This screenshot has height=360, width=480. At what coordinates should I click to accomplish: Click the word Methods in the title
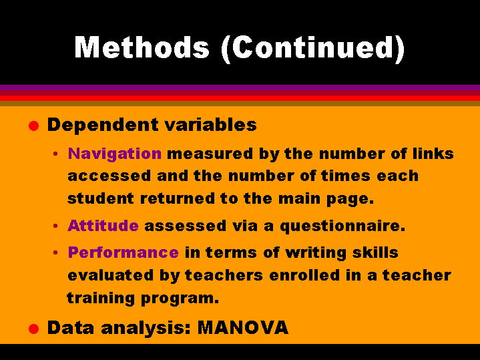click(x=142, y=47)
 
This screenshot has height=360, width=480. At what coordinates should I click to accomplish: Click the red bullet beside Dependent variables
click(x=33, y=126)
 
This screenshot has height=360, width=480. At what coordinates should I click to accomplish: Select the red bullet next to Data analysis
click(x=33, y=329)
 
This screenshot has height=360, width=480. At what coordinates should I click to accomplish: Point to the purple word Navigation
click(x=114, y=154)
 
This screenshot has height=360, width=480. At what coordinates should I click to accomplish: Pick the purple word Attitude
click(x=103, y=226)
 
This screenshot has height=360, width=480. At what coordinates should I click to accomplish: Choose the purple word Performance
click(x=124, y=252)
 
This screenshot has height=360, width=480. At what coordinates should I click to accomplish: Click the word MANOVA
click(x=243, y=327)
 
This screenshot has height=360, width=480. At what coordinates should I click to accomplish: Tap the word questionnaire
click(x=342, y=226)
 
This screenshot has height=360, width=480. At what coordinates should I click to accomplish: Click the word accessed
click(x=109, y=176)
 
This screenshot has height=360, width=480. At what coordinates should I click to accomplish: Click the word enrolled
click(x=304, y=275)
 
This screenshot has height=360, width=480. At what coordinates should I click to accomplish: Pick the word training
click(x=101, y=299)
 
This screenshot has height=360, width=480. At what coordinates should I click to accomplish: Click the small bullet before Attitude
click(x=55, y=226)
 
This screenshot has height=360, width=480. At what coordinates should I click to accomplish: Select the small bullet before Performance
click(x=55, y=252)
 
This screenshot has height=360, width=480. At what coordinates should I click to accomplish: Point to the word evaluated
click(x=110, y=275)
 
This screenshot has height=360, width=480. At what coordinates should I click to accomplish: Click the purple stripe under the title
click(x=240, y=87)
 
